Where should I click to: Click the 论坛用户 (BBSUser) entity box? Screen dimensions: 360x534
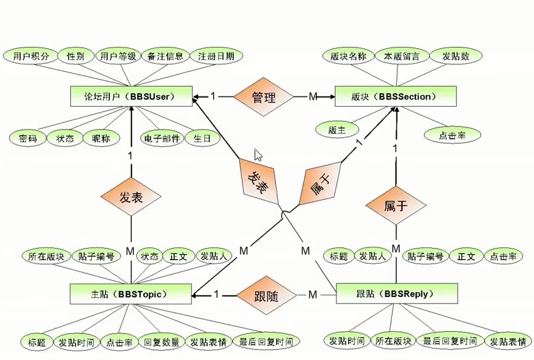tap(131, 97)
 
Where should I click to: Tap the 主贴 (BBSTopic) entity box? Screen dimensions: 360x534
tap(131, 294)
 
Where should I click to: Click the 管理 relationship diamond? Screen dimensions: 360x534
tap(263, 97)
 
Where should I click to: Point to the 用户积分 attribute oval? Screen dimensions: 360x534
tap(31, 56)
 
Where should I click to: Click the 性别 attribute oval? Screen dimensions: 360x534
tap(76, 56)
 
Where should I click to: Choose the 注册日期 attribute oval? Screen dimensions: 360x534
tap(216, 56)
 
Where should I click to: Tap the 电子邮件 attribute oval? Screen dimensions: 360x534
tap(161, 139)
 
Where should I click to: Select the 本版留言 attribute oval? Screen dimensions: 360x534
tap(397, 56)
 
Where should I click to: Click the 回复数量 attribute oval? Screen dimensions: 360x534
tap(161, 342)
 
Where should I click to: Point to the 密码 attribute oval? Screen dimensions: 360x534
tap(28, 139)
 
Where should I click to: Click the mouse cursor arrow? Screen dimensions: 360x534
tap(258, 155)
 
